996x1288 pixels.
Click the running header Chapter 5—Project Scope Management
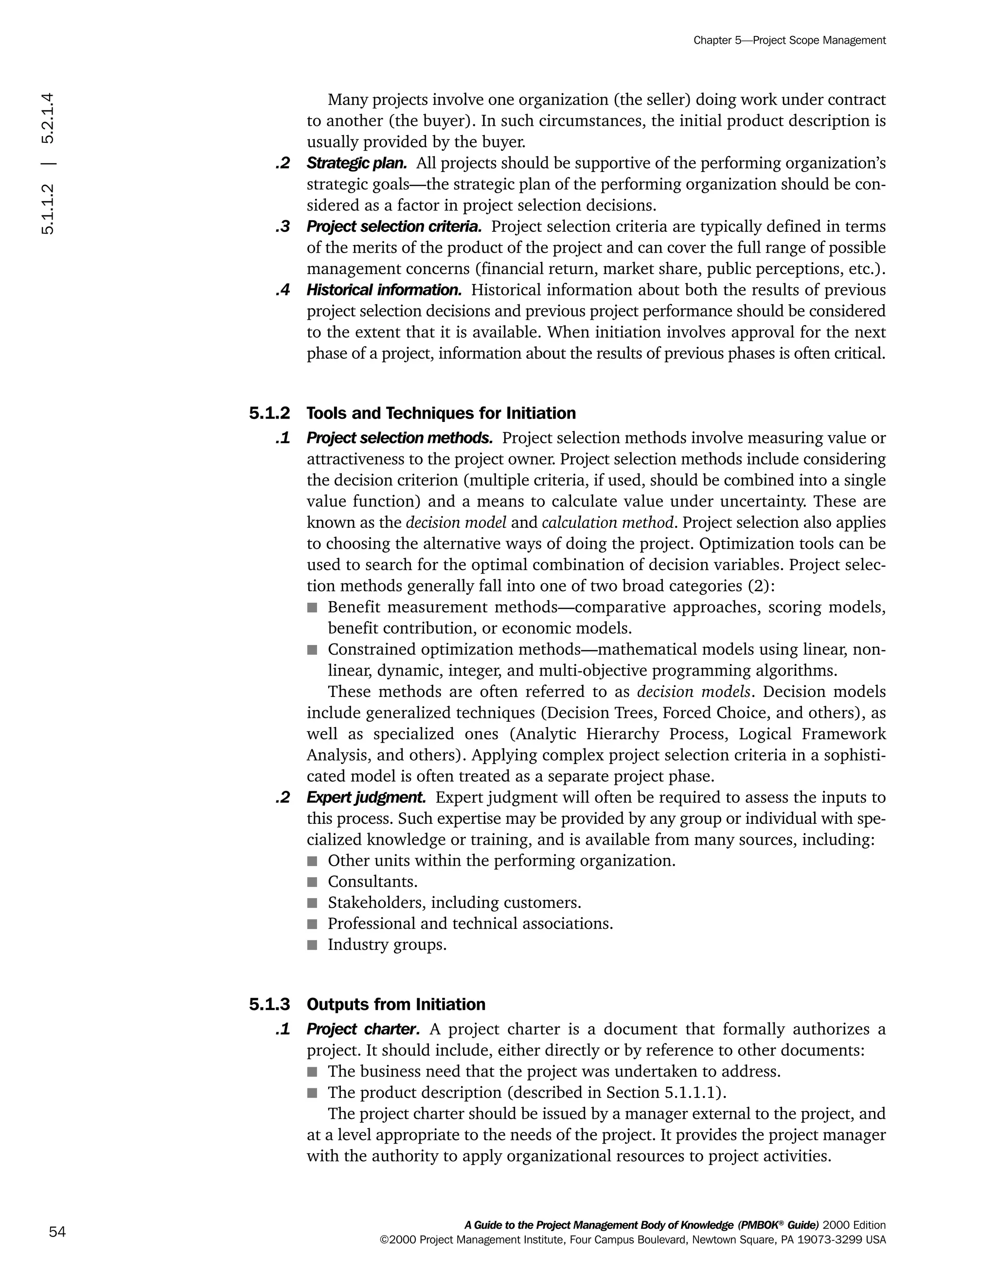[x=789, y=40]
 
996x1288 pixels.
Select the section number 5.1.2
[x=269, y=413]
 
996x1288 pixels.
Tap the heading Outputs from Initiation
[x=396, y=1004]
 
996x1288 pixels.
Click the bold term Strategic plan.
[x=356, y=163]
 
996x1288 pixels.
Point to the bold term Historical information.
[x=384, y=290]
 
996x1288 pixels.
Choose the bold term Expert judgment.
[x=366, y=797]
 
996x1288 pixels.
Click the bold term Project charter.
[x=363, y=1029]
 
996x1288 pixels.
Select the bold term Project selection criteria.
[x=393, y=226]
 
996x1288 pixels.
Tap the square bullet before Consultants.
[x=312, y=882]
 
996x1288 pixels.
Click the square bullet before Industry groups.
[x=312, y=945]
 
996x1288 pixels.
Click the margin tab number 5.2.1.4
[x=48, y=118]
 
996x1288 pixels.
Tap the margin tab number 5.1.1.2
[x=48, y=209]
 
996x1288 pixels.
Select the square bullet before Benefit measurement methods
[x=312, y=608]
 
